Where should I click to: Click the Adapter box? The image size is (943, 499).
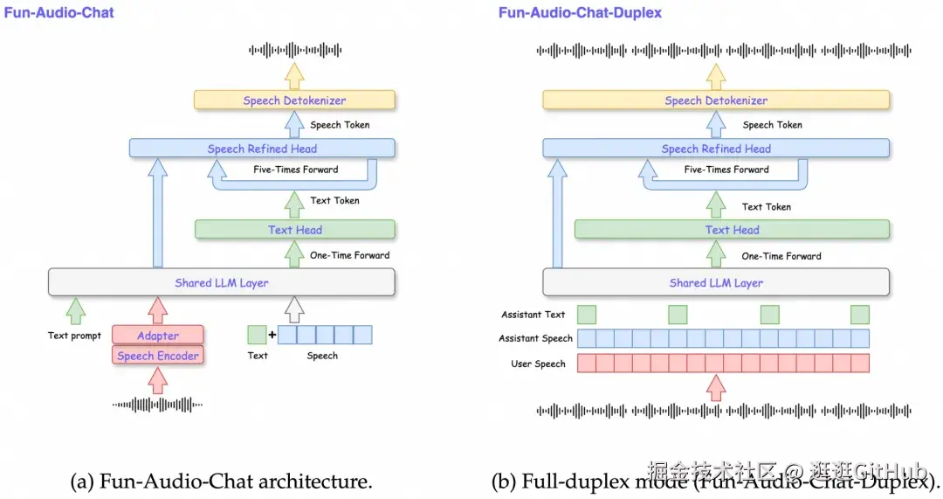coord(158,336)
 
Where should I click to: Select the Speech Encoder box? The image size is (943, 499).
coord(158,356)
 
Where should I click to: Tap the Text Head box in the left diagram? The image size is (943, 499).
coord(295,230)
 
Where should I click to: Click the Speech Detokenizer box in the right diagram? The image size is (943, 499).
coord(716,100)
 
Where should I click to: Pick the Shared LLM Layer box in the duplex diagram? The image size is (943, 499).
coord(716,282)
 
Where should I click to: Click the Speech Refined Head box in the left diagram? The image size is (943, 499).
coord(262,149)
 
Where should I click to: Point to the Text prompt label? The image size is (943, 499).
coord(74,336)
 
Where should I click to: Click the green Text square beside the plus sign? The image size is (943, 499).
coord(257,335)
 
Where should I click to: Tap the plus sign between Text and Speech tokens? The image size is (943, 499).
coord(272,335)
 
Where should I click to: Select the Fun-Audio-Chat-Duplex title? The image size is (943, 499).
coord(580,13)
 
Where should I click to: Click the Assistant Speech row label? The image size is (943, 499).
coord(535,338)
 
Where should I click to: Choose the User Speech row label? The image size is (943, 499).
coord(538,364)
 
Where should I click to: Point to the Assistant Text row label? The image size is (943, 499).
coord(533,315)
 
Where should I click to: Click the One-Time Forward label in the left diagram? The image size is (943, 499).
coord(349,255)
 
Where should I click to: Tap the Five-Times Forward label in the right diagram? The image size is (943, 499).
coord(726,170)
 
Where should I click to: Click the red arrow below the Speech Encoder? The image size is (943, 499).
coord(158,380)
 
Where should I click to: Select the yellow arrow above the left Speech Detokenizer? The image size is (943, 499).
coord(295,75)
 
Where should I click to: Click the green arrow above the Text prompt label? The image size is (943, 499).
coord(76,310)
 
